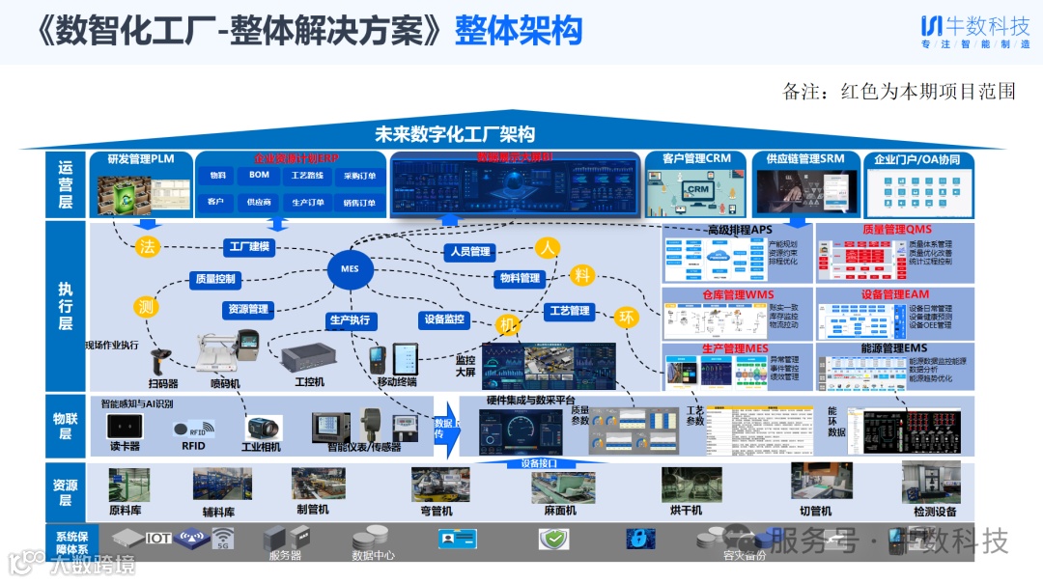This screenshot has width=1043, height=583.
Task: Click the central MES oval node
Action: pyautogui.click(x=350, y=268)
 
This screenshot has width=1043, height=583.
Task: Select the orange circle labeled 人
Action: pyautogui.click(x=549, y=248)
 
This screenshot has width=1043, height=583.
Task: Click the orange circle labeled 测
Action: pyautogui.click(x=146, y=307)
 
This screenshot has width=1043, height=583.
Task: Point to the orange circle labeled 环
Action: pyautogui.click(x=628, y=318)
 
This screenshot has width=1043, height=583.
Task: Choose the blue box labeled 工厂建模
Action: pyautogui.click(x=249, y=247)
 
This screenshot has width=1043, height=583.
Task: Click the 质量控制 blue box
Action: pyautogui.click(x=214, y=279)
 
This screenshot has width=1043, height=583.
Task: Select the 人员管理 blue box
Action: pyautogui.click(x=468, y=252)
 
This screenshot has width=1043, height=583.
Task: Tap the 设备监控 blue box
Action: pyautogui.click(x=443, y=319)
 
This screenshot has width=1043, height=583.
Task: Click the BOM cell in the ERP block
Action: pyautogui.click(x=259, y=176)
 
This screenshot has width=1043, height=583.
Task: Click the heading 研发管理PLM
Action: pyautogui.click(x=141, y=159)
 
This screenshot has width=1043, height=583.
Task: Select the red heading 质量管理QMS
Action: pyautogui.click(x=897, y=230)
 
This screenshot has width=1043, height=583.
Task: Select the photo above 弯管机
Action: pyautogui.click(x=439, y=484)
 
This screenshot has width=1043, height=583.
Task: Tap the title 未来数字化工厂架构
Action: pyautogui.click(x=455, y=134)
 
